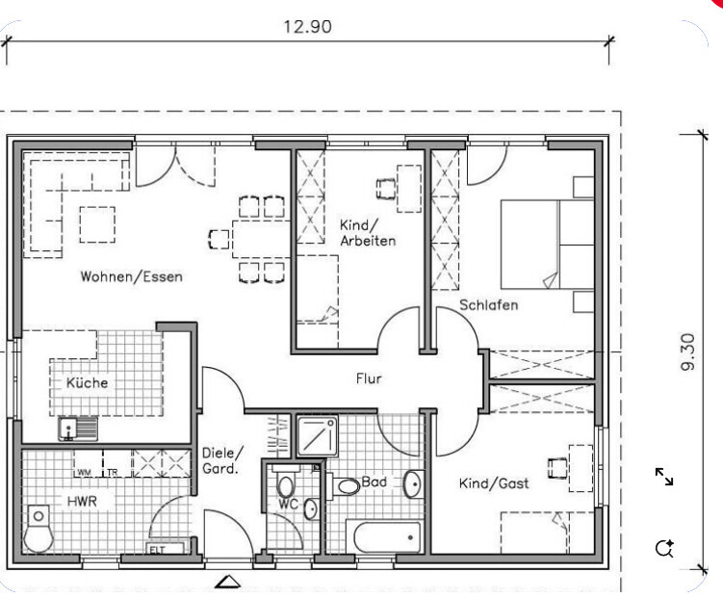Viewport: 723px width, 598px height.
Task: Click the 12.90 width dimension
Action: coord(307,26)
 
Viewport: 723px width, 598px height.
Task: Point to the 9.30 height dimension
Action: coord(687,352)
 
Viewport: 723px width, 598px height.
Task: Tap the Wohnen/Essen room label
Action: coord(132,276)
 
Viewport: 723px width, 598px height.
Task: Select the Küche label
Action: coord(88,382)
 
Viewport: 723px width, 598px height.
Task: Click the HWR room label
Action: coord(82,501)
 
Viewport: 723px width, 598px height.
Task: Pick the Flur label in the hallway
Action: coord(369,378)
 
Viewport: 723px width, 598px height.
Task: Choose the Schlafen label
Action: coord(489,304)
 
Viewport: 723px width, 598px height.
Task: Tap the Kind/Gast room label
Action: coord(494,483)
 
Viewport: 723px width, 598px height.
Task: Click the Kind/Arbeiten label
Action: coord(368,233)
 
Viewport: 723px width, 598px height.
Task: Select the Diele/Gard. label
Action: coord(222,460)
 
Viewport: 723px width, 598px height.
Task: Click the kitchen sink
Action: coord(78,428)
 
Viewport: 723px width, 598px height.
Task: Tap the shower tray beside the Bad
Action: coord(317,435)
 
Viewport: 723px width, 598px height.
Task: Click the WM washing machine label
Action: coord(84,473)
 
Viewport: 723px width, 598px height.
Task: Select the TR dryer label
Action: coord(113,473)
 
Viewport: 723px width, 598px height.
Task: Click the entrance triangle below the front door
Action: coord(228,582)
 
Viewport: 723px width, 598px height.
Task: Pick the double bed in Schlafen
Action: coord(548,245)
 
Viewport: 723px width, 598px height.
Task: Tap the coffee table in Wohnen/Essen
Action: coord(97,224)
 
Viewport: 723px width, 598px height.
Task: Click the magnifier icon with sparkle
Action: coord(664,548)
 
